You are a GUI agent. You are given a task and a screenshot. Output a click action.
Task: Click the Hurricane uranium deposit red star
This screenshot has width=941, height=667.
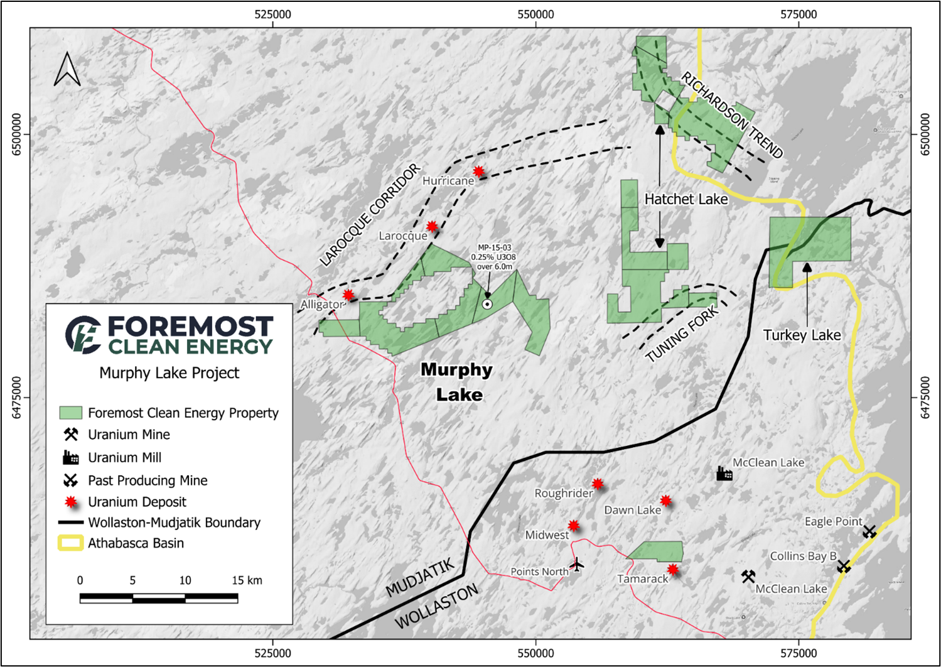479,171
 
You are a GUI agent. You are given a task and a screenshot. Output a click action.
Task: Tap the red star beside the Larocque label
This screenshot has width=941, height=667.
432,226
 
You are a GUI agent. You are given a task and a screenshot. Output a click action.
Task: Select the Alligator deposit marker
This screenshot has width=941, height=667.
348,295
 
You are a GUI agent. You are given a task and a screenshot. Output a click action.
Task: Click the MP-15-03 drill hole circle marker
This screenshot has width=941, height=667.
487,304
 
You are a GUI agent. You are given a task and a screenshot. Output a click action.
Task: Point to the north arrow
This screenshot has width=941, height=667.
67,69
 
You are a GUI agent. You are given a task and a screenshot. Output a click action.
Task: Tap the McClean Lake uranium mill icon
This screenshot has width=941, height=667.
724,473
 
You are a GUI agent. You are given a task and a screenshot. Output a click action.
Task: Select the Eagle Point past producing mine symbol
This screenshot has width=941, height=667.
869,532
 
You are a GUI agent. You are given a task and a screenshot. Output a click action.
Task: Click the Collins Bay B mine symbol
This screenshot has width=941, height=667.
844,567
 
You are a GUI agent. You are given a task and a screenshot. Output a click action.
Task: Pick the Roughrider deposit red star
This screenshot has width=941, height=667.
598,484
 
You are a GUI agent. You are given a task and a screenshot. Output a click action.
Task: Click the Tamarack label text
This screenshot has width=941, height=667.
642,579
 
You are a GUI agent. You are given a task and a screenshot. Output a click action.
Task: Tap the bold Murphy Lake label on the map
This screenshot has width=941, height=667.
457,382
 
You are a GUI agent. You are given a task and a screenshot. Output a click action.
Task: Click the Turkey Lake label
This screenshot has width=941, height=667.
802,335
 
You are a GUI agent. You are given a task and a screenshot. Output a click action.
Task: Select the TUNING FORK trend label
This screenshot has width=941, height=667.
682,334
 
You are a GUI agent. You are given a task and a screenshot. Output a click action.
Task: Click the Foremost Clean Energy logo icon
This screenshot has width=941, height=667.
83,335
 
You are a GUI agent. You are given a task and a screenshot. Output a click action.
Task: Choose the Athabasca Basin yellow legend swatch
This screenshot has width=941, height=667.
70,543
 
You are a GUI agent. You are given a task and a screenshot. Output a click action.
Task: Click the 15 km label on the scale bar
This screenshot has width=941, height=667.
247,580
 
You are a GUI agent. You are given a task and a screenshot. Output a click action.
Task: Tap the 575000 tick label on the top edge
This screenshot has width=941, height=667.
799,14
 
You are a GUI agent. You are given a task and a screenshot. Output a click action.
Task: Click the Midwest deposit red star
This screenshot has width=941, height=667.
574,526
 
